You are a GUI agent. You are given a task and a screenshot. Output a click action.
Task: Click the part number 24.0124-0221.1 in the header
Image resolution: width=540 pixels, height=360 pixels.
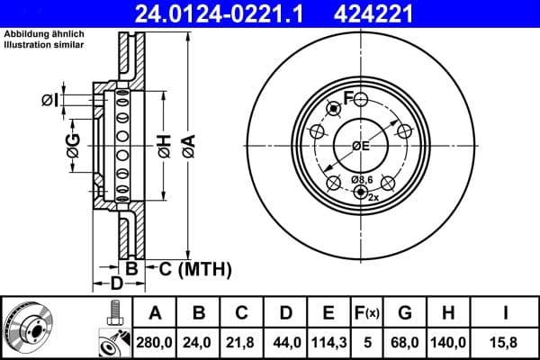(x=231, y=13)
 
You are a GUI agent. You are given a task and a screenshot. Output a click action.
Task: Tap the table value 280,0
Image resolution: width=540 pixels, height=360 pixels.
(x=155, y=342)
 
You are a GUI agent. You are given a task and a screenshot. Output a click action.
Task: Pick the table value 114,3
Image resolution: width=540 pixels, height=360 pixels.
(x=328, y=342)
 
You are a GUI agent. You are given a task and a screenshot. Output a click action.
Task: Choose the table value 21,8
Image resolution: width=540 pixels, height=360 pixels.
(x=241, y=342)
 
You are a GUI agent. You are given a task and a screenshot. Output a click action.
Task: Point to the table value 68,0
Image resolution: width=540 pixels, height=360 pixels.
(x=404, y=342)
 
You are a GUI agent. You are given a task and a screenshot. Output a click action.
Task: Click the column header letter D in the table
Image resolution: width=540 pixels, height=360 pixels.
(x=285, y=313)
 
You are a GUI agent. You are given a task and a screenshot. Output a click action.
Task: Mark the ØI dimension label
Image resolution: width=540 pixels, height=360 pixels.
(x=50, y=99)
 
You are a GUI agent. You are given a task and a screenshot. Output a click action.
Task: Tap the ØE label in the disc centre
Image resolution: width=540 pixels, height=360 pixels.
(x=360, y=146)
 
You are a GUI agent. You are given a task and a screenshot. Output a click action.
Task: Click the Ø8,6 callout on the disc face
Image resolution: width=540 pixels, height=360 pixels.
(x=361, y=181)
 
